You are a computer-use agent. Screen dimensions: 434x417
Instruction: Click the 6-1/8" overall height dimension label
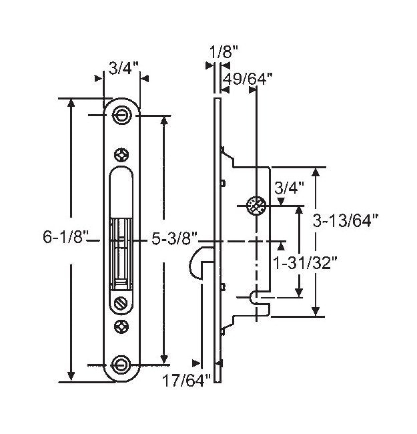[x=64, y=238]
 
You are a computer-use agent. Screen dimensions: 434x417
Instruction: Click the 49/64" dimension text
[x=248, y=79]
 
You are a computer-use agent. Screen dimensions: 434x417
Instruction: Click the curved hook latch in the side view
[x=199, y=260]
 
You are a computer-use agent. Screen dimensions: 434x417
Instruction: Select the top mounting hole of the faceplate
[x=121, y=115]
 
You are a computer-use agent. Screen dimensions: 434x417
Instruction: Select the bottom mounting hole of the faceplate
[x=121, y=364]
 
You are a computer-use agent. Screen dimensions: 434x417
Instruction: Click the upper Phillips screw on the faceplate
[x=121, y=154]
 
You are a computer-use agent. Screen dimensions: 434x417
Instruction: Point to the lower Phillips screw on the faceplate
[x=121, y=327]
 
